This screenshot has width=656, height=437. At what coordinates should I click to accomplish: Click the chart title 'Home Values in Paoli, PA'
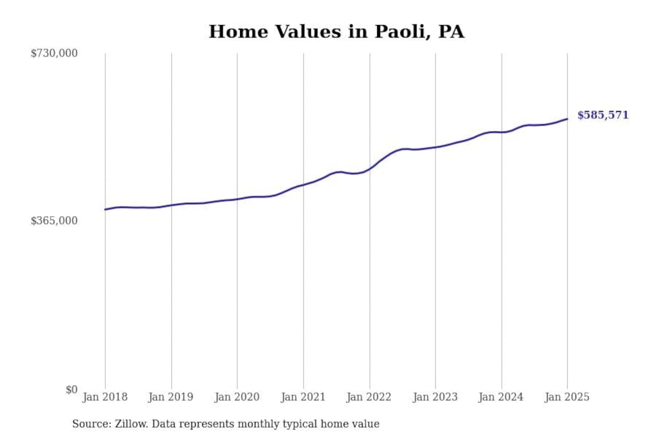coord(336,32)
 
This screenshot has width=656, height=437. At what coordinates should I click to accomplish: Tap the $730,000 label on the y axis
coord(54,53)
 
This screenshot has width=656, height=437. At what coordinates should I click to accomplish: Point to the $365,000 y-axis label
coord(54,221)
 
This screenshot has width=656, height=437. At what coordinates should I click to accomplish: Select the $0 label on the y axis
coord(71,390)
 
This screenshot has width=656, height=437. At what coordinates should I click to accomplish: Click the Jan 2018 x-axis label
coord(105,397)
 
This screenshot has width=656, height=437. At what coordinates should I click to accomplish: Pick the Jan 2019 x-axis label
coord(171,397)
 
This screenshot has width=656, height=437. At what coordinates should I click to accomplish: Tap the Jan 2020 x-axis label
coord(237,397)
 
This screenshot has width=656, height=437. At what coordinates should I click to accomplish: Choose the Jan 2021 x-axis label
coord(303,397)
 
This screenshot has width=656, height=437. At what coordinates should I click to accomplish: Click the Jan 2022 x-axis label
coord(369,397)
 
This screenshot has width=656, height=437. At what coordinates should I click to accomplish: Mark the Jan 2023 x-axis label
coord(435,397)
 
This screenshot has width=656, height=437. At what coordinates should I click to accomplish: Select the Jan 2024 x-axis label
coord(501,397)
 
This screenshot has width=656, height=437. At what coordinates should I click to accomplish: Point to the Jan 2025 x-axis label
coord(567,397)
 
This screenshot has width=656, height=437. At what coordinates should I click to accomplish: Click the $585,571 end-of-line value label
coord(603,115)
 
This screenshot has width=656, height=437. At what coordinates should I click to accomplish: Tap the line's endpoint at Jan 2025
coord(567,119)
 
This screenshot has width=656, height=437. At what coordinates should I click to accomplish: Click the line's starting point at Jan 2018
coord(105,209)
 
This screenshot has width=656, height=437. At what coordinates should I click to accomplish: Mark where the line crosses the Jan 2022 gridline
coord(369,168)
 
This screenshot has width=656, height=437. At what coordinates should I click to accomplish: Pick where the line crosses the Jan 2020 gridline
coord(237,199)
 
